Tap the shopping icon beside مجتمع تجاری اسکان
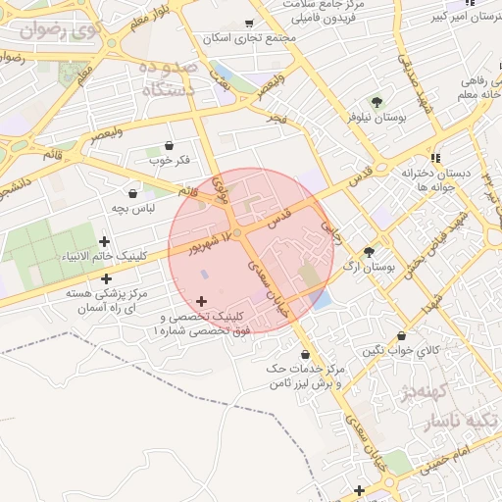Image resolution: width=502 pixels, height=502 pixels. [x=249, y=23]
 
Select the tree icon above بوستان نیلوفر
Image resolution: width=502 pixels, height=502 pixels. [x=376, y=101]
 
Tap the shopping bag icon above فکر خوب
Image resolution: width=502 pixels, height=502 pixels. [x=169, y=144]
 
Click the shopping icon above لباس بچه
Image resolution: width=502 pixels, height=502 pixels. [x=132, y=194]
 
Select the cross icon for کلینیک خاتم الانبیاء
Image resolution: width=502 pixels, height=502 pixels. [x=105, y=240]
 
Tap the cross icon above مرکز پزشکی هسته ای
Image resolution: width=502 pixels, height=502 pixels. [x=106, y=278]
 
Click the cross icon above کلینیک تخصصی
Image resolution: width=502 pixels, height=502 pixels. [x=202, y=301]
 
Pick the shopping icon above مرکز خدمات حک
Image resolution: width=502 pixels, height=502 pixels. [x=305, y=354]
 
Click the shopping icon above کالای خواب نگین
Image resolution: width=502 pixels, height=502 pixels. [x=401, y=335]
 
